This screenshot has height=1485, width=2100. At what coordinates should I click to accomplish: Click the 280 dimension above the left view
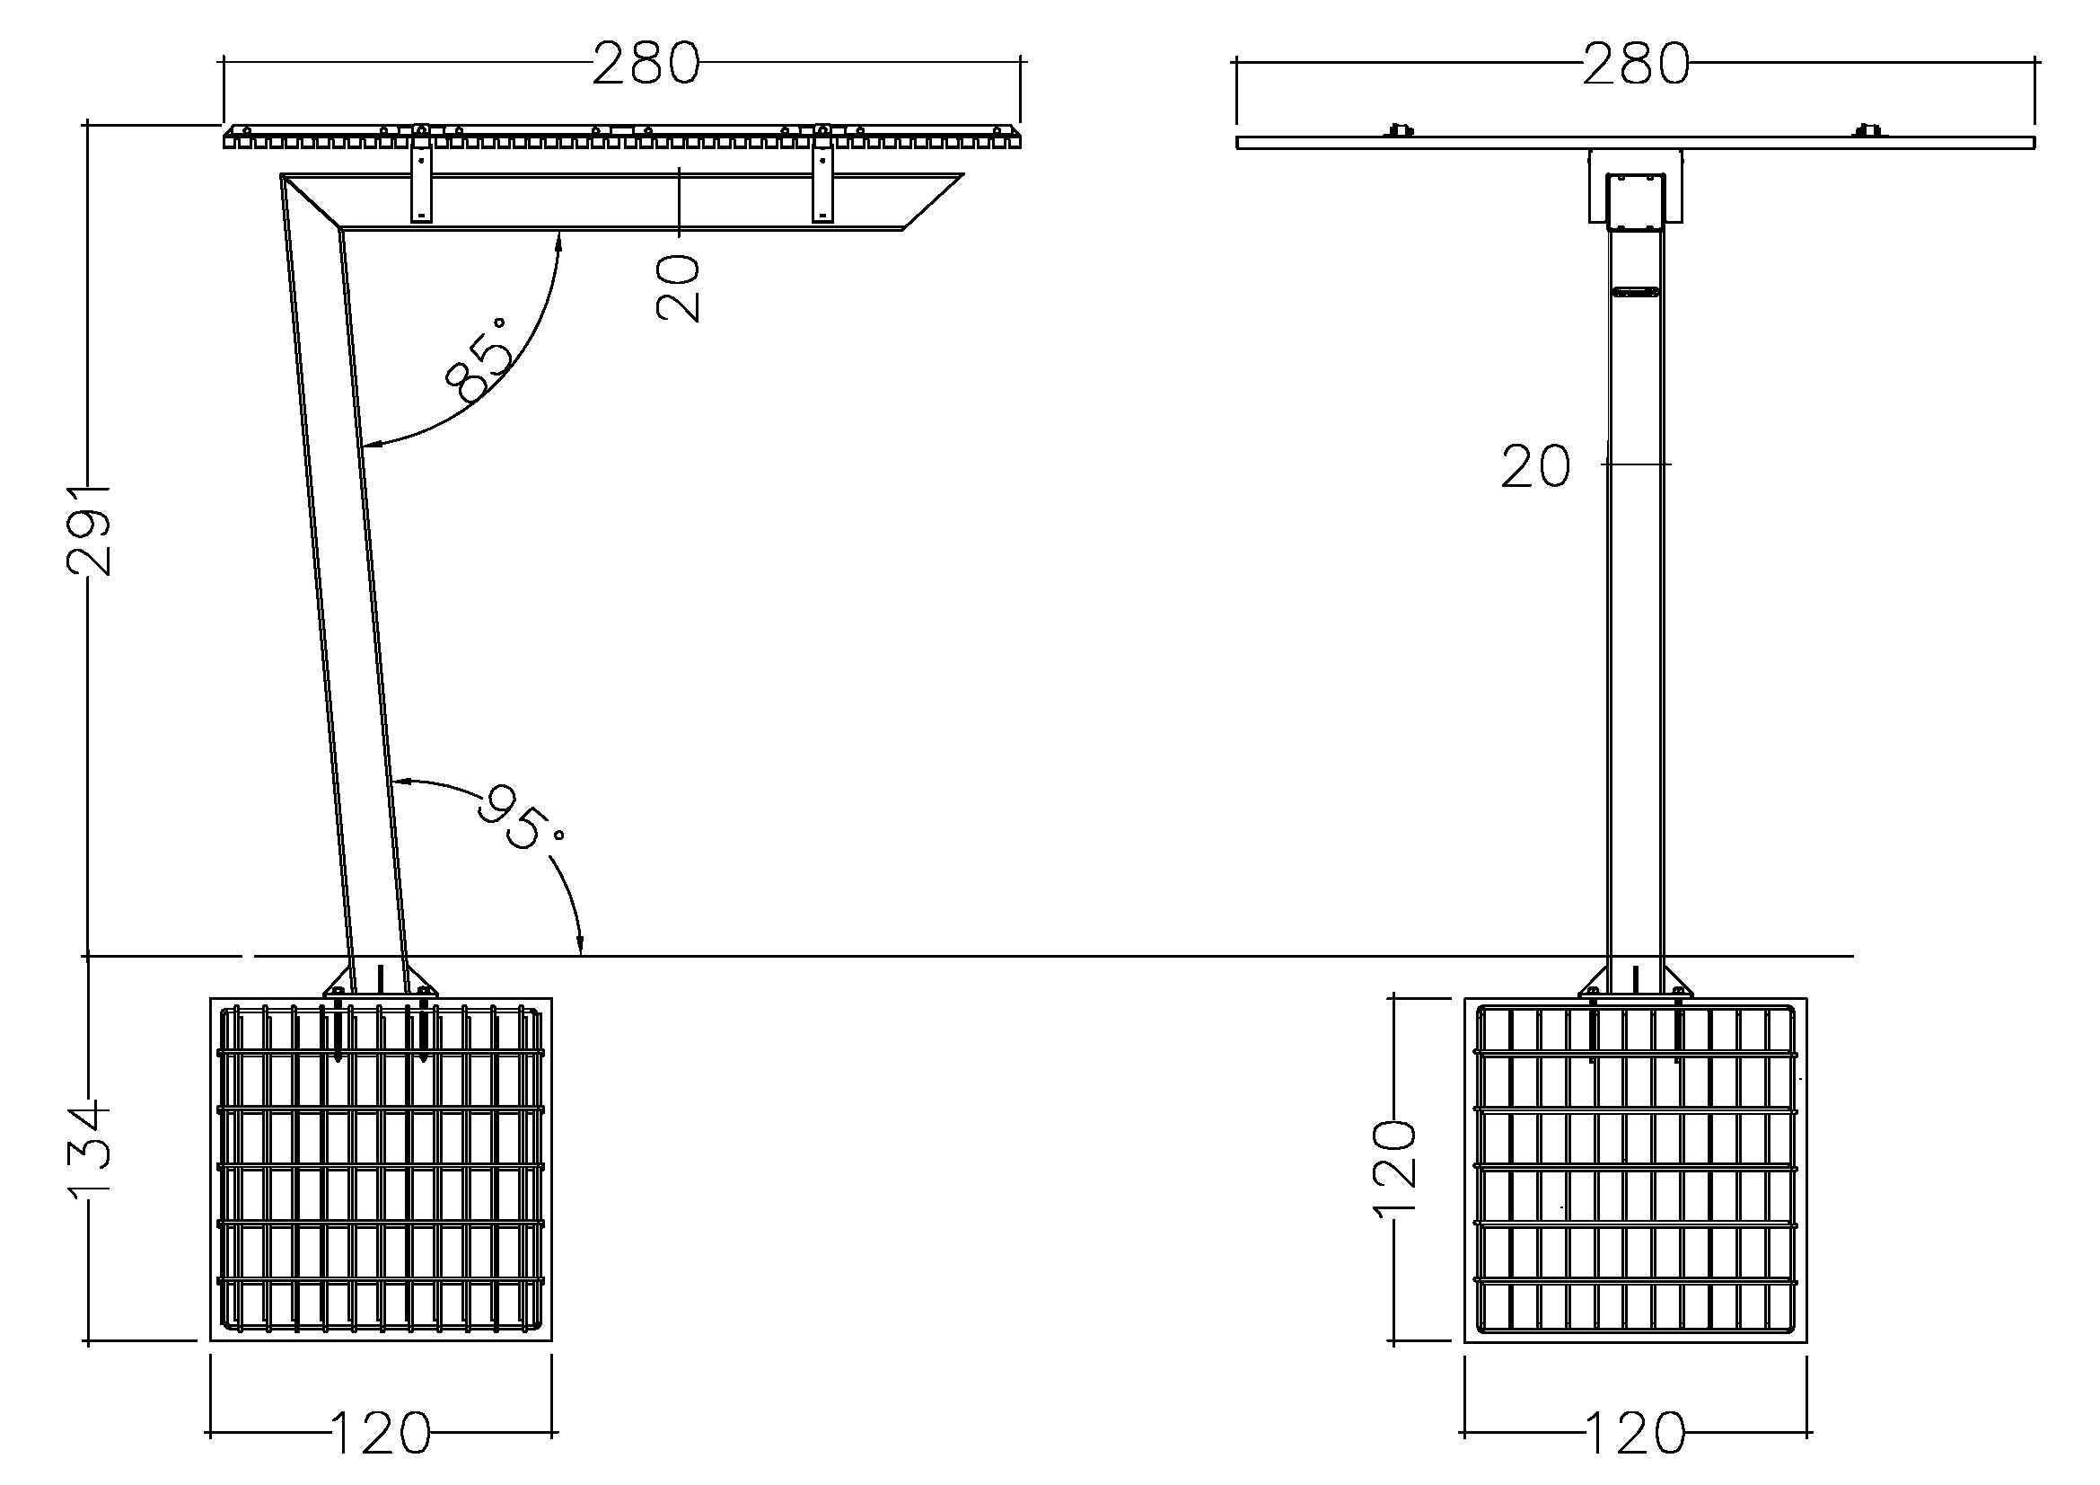click(646, 64)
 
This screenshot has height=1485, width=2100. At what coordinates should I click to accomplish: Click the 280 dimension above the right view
click(1637, 65)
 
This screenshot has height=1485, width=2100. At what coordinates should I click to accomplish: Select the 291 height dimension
click(89, 531)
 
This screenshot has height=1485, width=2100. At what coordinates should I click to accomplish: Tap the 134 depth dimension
click(89, 1149)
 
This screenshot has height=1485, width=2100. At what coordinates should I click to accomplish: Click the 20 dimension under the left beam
click(679, 287)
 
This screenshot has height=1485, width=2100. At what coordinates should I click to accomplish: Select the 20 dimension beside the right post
click(1535, 466)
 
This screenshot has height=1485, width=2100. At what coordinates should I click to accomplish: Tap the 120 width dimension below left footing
click(380, 1434)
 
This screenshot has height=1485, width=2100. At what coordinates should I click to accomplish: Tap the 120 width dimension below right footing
click(1635, 1434)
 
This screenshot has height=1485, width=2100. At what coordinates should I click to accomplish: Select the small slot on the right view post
click(1635, 293)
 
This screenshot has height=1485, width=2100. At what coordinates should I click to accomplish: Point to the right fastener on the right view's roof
click(1869, 130)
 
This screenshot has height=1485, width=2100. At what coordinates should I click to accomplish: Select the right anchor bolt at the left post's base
click(424, 1025)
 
